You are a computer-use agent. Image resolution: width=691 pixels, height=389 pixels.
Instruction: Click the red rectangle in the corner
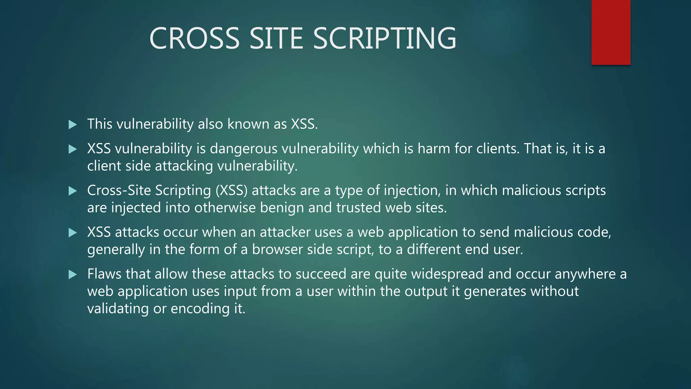point(611,32)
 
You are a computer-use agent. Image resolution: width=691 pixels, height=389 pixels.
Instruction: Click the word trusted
point(359,208)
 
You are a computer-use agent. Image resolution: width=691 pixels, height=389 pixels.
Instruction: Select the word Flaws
point(104,274)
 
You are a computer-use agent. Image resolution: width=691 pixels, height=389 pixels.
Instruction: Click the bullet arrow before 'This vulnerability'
point(73,125)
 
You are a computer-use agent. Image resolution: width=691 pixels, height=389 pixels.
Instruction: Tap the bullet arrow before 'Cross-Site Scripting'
point(73,191)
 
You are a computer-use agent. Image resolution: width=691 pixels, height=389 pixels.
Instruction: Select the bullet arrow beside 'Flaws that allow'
point(73,275)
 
